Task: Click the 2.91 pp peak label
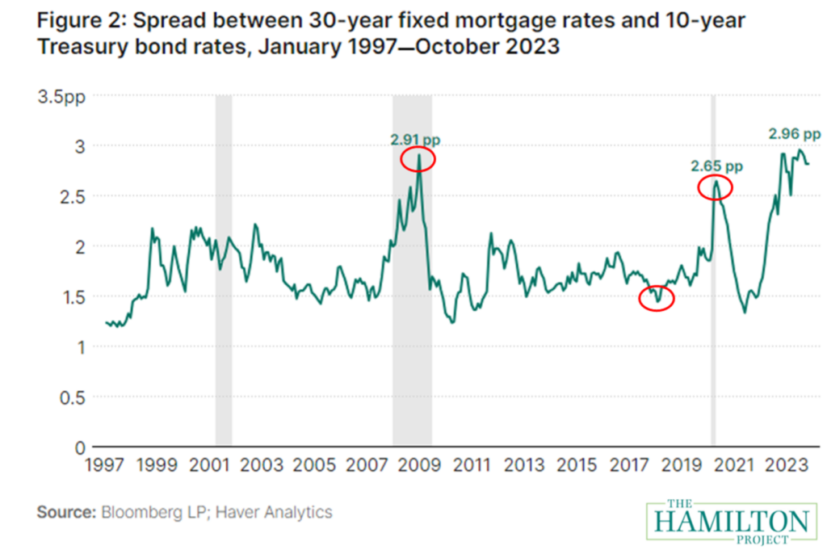415,140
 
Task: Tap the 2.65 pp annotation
716,166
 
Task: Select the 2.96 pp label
794,134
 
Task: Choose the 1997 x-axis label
104,465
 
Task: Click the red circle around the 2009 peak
418,160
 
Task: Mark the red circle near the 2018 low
655,298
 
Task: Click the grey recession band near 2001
224,271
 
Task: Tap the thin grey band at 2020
713,323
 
